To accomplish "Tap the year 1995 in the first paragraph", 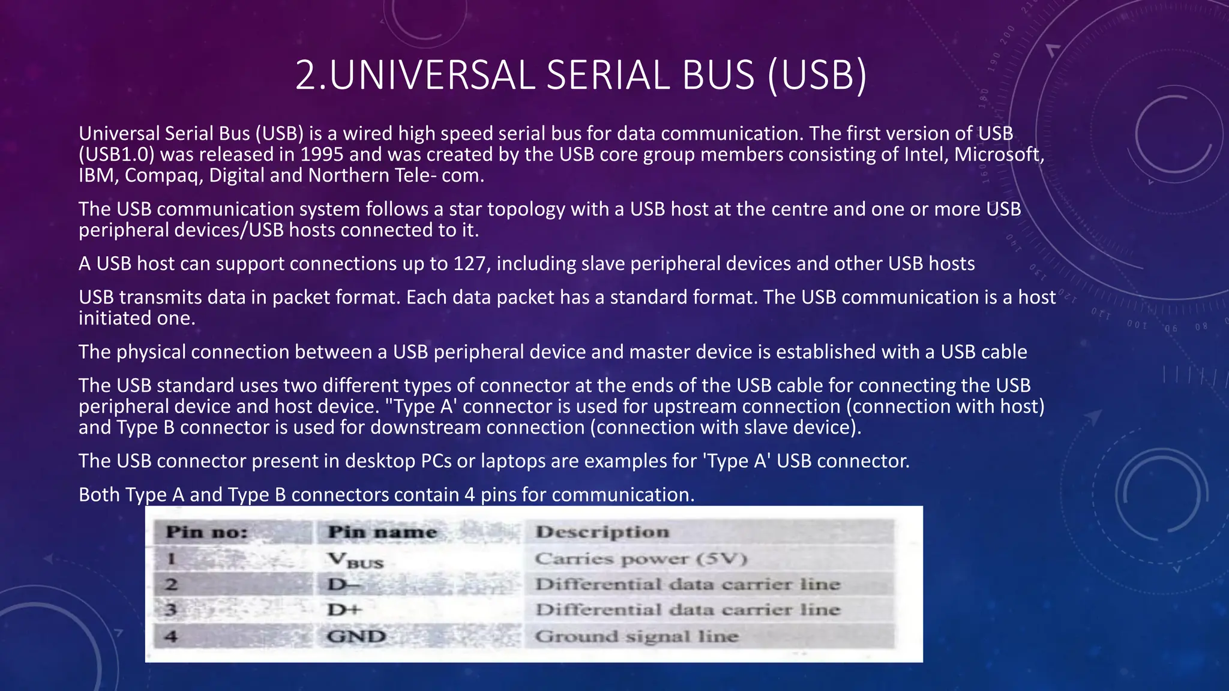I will (322, 155).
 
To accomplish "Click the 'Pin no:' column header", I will (206, 532).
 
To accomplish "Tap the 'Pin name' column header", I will (382, 532).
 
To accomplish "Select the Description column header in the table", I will (602, 532).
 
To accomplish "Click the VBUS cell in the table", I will (355, 560).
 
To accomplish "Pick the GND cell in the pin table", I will (356, 636).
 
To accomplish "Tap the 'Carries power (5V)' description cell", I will (641, 559).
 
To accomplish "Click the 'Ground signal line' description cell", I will (636, 636).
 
